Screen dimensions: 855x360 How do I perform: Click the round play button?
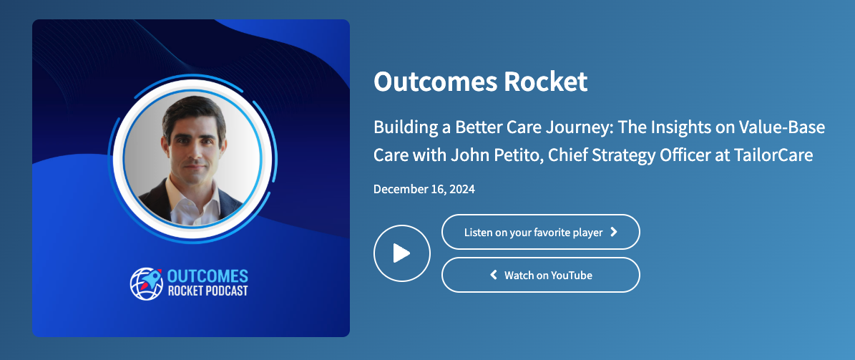pyautogui.click(x=402, y=253)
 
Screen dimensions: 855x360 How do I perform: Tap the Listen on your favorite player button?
pyautogui.click(x=540, y=232)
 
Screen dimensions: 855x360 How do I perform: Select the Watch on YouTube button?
pyautogui.click(x=540, y=275)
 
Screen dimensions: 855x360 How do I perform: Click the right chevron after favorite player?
pyautogui.click(x=613, y=232)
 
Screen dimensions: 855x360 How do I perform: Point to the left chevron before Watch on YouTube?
pyautogui.click(x=494, y=275)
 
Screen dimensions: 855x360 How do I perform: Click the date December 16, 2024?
pyautogui.click(x=424, y=189)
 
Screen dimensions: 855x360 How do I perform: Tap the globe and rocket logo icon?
pyautogui.click(x=147, y=283)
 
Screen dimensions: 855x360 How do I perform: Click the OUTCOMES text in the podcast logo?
pyautogui.click(x=207, y=276)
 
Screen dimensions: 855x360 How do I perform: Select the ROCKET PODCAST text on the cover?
pyautogui.click(x=207, y=291)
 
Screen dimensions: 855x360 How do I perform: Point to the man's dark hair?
pyautogui.click(x=194, y=112)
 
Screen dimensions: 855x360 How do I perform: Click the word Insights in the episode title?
pyautogui.click(x=678, y=128)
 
